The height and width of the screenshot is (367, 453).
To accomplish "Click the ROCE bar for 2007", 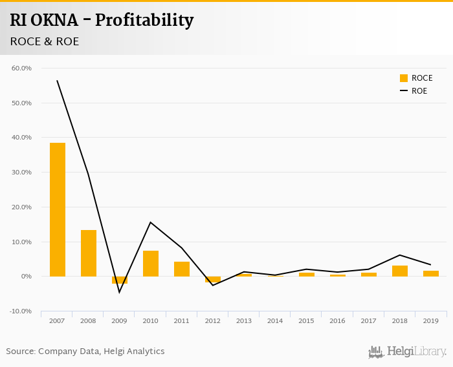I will click(58, 209).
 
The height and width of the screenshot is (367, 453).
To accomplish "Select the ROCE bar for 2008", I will click(89, 253).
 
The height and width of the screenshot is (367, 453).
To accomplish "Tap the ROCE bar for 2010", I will click(151, 264).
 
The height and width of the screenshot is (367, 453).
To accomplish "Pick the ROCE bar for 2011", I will click(182, 269).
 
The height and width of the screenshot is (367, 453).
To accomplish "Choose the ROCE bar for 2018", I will click(400, 271).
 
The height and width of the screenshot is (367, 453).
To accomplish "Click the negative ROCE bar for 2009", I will click(120, 280).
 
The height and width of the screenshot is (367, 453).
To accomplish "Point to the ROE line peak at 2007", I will click(58, 81).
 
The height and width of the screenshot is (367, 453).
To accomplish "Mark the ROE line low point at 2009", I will click(120, 292).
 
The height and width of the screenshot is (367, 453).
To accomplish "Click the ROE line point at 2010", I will click(151, 222).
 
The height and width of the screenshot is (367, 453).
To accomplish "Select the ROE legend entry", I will click(414, 91).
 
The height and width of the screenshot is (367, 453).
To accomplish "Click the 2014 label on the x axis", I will click(275, 321).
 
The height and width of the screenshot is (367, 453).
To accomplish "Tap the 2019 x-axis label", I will click(431, 321).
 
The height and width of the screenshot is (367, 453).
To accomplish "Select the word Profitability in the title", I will click(144, 21).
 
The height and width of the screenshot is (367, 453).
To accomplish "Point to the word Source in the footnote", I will click(20, 351).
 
